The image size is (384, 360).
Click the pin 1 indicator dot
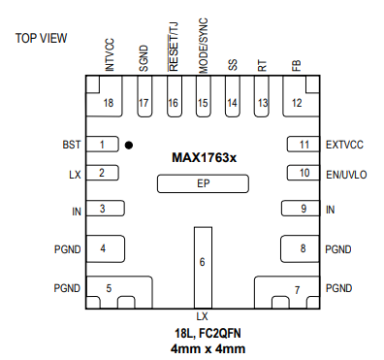129,146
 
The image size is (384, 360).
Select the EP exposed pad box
203,183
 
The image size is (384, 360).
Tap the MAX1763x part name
204,158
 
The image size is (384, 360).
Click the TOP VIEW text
41,38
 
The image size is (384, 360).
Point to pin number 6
202,262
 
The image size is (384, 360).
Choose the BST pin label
72,145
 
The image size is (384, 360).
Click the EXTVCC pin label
344,145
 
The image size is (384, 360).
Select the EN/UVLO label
346,175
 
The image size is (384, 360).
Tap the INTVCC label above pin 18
110,54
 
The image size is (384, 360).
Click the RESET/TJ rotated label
173,47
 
